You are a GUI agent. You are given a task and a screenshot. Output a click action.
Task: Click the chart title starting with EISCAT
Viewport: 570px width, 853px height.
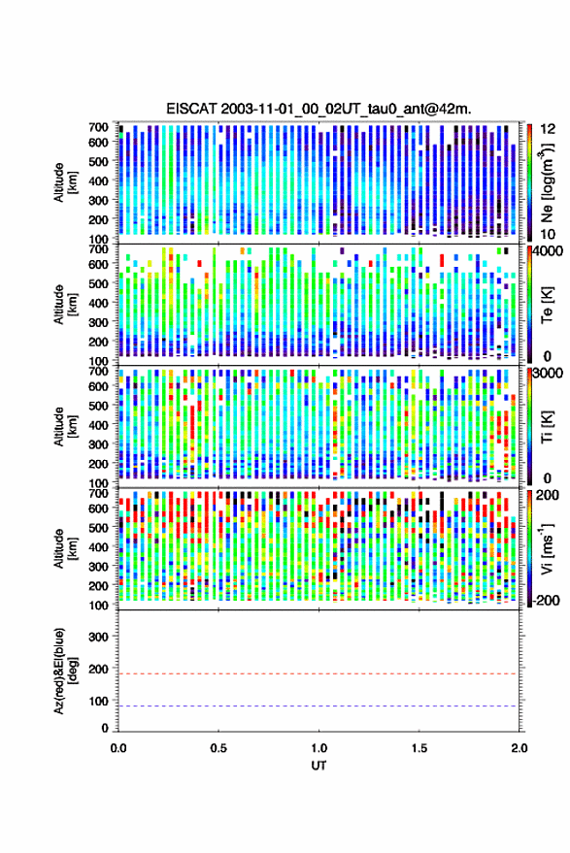pos(319,109)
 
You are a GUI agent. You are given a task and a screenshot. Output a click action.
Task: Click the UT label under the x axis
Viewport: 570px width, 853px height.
pos(319,766)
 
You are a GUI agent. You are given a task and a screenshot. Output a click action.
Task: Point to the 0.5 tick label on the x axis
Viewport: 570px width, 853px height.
pos(218,748)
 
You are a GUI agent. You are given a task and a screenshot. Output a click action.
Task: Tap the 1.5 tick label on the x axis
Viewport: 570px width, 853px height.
pos(419,748)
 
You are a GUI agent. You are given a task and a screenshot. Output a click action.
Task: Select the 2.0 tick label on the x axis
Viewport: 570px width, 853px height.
pos(520,748)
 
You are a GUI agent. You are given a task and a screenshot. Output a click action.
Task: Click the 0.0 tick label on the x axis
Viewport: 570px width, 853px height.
pos(118,748)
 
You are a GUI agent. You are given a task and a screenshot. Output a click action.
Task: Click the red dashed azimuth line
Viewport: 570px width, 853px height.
pos(319,673)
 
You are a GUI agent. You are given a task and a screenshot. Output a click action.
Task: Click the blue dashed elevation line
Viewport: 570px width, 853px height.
pos(319,706)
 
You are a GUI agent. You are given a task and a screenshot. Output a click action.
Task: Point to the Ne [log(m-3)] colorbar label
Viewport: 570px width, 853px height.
pos(547,182)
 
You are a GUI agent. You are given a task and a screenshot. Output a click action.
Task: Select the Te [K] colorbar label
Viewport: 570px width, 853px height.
pos(547,305)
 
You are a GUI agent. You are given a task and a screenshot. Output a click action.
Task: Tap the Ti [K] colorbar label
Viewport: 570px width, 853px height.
pos(547,427)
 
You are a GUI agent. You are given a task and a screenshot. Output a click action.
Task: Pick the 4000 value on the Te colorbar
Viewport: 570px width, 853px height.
pos(549,251)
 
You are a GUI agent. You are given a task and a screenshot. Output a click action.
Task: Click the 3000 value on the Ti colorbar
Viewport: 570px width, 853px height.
pos(549,374)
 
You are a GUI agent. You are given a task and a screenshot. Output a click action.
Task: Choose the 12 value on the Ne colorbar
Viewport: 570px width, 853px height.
pos(548,129)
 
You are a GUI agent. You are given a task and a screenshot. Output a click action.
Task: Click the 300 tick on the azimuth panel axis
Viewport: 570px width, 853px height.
pos(98,637)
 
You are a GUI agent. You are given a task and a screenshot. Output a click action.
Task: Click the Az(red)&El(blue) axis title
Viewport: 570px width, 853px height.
pos(65,671)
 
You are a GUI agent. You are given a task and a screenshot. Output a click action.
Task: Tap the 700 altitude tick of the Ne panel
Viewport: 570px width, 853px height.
pos(98,127)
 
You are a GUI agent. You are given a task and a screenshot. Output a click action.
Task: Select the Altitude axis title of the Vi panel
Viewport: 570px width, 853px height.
pos(65,548)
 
